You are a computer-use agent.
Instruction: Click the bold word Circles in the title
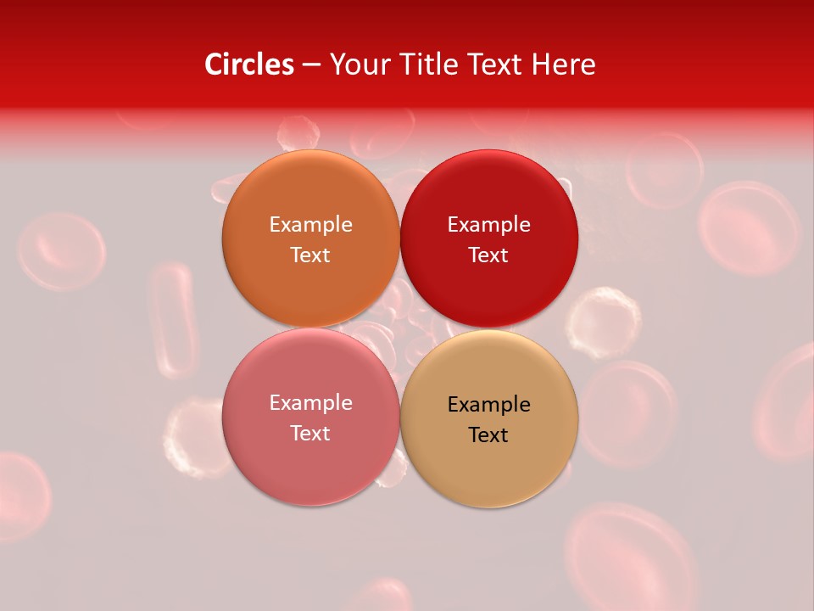pyautogui.click(x=249, y=64)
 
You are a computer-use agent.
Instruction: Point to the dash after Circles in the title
pyautogui.click(x=311, y=64)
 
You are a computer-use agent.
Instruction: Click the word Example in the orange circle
pyautogui.click(x=310, y=224)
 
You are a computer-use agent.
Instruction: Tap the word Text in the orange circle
pyautogui.click(x=310, y=255)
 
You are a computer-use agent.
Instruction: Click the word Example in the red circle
pyautogui.click(x=488, y=224)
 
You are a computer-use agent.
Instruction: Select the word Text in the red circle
pyautogui.click(x=488, y=255)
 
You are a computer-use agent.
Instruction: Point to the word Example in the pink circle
pyautogui.click(x=310, y=402)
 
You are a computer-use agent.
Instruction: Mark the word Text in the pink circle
pyautogui.click(x=310, y=433)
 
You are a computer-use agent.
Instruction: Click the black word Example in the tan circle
pyautogui.click(x=488, y=404)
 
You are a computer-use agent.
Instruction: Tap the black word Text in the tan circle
pyautogui.click(x=488, y=434)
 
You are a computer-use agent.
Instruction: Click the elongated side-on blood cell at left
pyautogui.click(x=174, y=318)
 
